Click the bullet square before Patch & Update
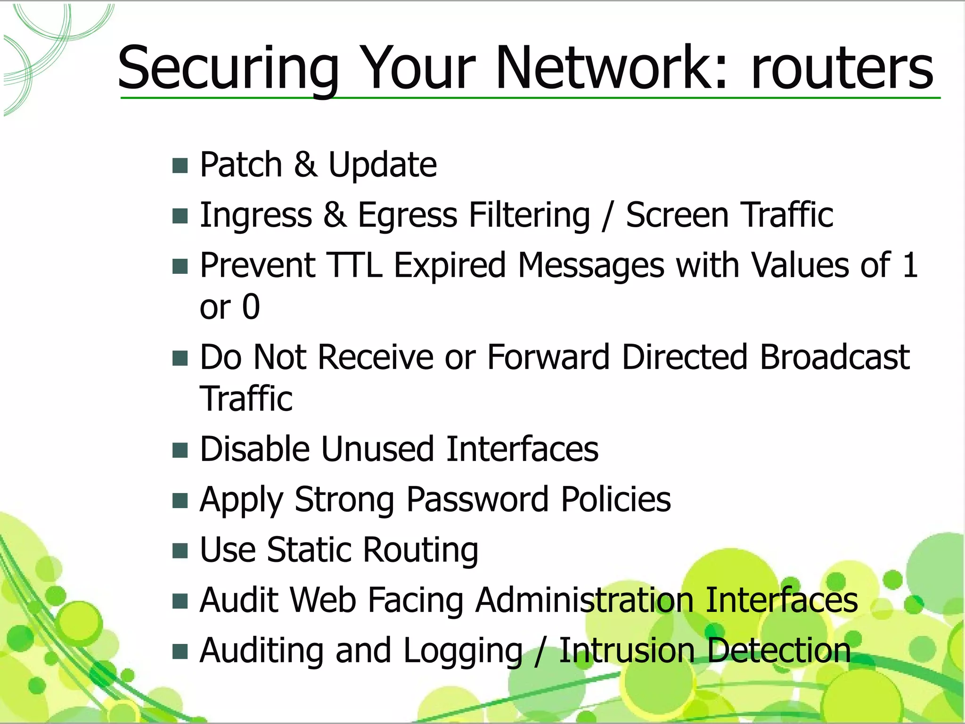[180, 166]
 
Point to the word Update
[382, 165]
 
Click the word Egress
[407, 216]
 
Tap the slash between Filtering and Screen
[608, 216]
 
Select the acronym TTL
[354, 265]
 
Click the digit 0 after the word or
[251, 307]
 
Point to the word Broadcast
[834, 357]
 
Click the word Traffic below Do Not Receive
[246, 399]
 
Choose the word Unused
[377, 449]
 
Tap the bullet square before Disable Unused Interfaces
[180, 450]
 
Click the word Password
[477, 500]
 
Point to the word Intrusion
[627, 650]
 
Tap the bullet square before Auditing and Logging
[180, 652]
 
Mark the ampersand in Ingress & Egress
[335, 216]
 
